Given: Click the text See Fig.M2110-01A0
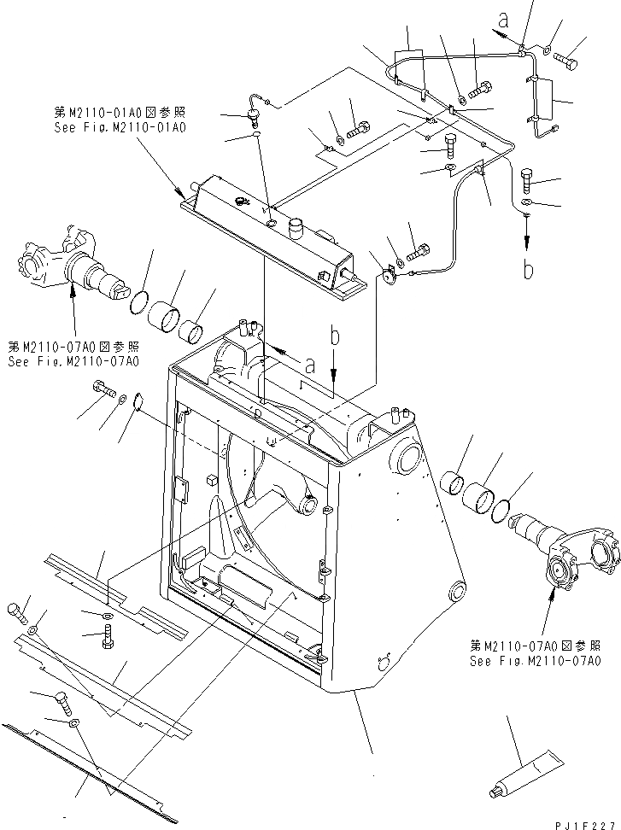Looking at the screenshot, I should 120,126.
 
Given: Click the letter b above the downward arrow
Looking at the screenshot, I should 334,336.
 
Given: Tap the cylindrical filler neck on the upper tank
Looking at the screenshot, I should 296,229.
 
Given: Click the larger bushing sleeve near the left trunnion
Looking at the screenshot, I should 166,314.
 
